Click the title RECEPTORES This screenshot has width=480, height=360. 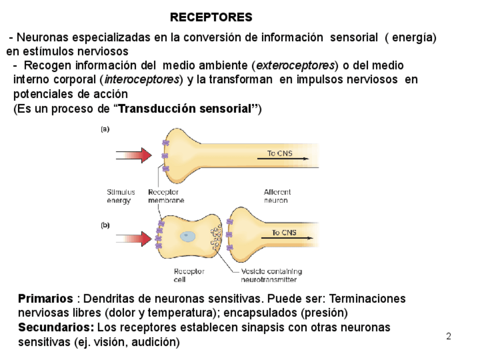click(x=211, y=18)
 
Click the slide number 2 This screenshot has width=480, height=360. click(x=448, y=337)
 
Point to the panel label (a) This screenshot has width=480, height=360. click(x=105, y=129)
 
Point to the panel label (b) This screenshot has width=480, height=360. click(x=105, y=225)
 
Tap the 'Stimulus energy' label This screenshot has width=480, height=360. click(x=121, y=196)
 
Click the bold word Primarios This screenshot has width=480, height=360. click(x=45, y=298)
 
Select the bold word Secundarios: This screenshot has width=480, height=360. click(x=56, y=327)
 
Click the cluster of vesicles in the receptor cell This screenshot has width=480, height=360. click(x=216, y=238)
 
